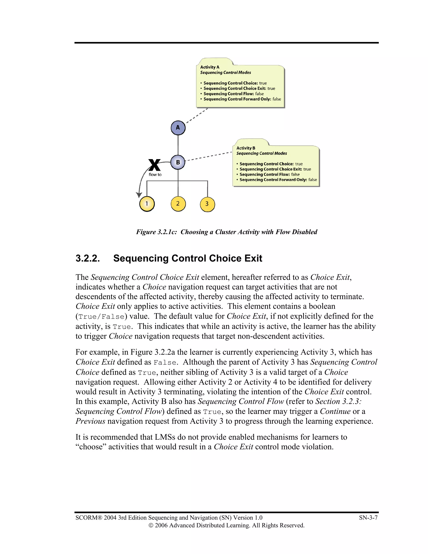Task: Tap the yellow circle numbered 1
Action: click(147, 204)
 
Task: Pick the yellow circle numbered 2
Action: click(178, 204)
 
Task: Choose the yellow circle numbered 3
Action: click(207, 204)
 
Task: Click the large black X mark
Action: click(154, 165)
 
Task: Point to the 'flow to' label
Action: click(155, 175)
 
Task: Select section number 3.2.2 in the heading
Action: click(88, 258)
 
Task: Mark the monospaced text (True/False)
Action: click(101, 317)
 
